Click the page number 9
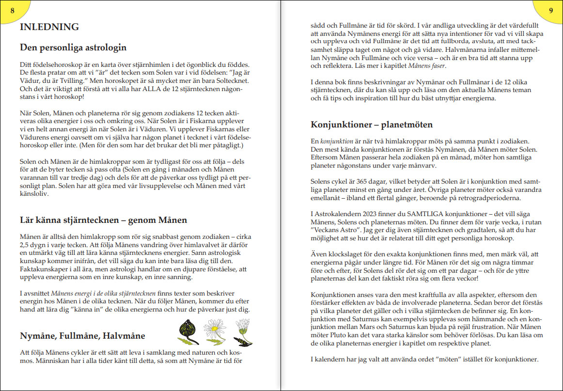pyautogui.click(x=551, y=10)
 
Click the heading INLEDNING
pyautogui.click(x=49, y=27)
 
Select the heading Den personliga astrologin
pyautogui.click(x=73, y=47)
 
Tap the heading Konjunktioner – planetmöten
pyautogui.click(x=372, y=125)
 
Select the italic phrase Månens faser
pyautogui.click(x=427, y=66)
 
